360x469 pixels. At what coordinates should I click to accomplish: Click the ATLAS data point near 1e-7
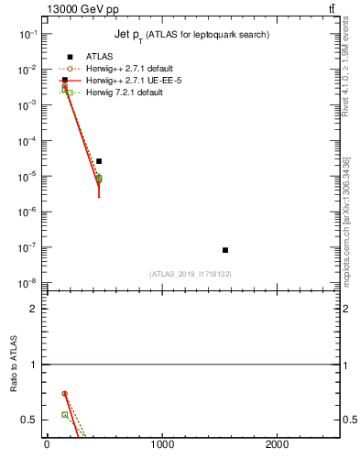225,250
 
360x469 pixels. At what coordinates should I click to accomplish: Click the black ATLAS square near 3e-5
99,161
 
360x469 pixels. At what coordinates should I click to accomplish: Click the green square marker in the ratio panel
65,415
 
